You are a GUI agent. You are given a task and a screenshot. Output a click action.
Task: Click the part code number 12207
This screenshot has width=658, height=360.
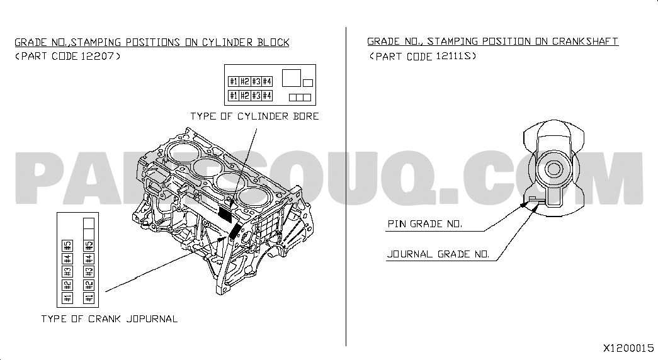pos(97,56)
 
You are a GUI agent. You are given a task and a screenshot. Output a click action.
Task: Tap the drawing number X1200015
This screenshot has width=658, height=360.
pos(628,348)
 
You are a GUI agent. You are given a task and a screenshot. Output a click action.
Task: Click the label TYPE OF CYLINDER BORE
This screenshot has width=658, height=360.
pos(255,116)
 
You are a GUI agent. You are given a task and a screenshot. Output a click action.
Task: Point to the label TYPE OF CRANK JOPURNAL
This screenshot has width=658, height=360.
pos(110,319)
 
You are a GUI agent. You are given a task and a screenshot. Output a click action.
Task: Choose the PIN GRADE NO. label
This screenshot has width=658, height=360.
pos(424,223)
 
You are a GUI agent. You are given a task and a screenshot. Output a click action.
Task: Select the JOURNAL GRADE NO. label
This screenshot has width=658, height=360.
pos(438,254)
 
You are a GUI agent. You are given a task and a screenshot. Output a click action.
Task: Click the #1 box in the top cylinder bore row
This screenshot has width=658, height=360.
pos(234,81)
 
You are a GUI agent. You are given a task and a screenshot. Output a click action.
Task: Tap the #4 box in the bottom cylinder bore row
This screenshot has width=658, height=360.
pos(267,96)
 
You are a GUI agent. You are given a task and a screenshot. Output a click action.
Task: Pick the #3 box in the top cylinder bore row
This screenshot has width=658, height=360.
pos(256,81)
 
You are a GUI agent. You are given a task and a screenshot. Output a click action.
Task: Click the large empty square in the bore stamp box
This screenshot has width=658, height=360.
pos(292,78)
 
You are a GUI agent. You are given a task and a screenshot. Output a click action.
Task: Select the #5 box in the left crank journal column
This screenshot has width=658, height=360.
pos(67,245)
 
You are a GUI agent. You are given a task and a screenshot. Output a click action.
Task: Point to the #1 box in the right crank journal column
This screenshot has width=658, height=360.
pos(89,298)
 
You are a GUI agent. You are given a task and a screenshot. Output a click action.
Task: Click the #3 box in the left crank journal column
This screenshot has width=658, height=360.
pos(67,272)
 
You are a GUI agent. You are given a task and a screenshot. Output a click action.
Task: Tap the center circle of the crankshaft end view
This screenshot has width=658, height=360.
pos(553,169)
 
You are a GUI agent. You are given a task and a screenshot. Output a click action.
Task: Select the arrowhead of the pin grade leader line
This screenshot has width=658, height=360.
pos(523,205)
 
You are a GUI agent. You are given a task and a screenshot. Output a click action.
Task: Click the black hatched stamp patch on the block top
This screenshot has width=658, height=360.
pos(226,214)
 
